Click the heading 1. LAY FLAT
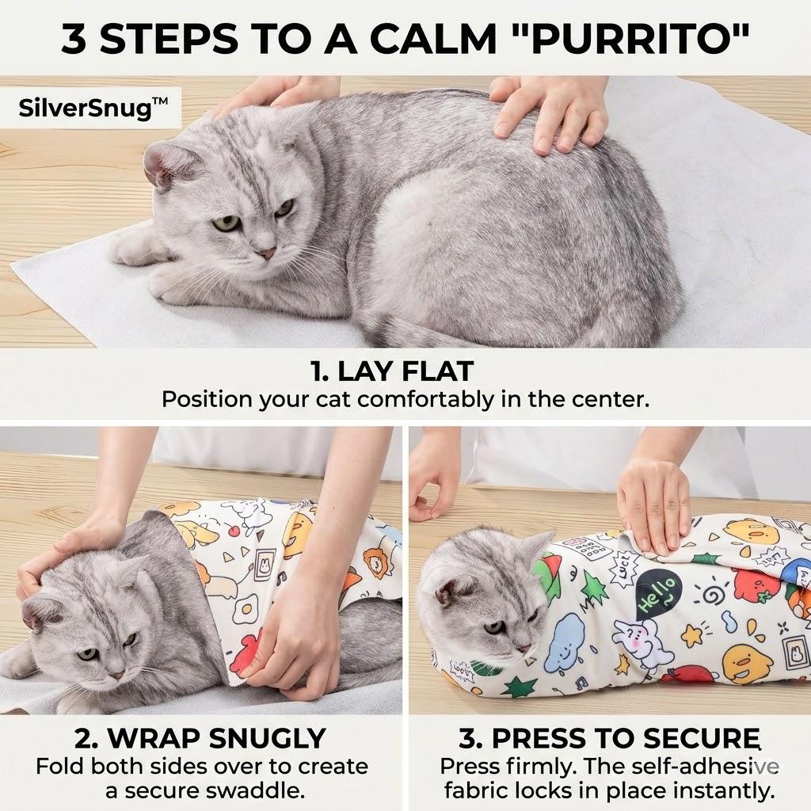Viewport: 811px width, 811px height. pyautogui.click(x=392, y=371)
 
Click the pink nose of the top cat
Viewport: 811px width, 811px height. pyautogui.click(x=268, y=253)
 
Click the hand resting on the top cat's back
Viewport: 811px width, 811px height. pyautogui.click(x=550, y=117)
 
